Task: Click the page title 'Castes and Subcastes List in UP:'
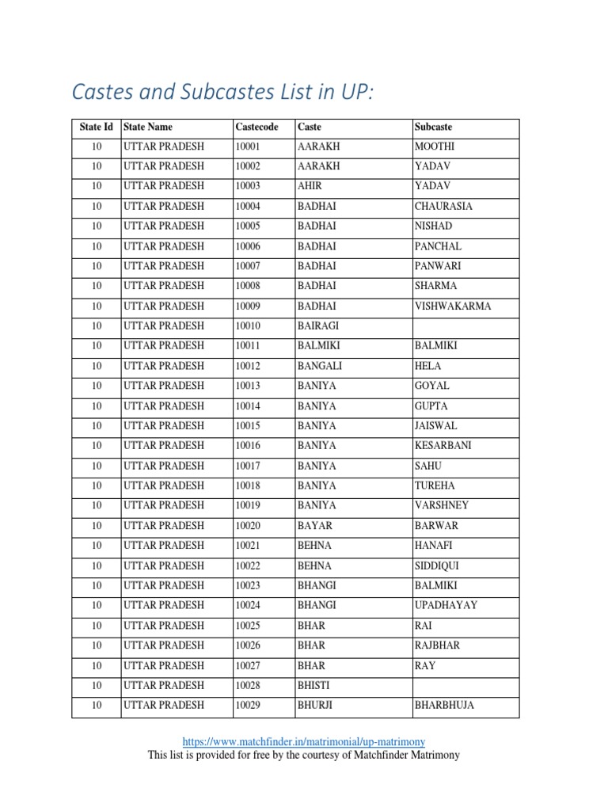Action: (222, 93)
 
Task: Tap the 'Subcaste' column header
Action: (433, 127)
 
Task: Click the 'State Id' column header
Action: (97, 127)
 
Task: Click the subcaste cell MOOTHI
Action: (435, 147)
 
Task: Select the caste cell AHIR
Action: (310, 186)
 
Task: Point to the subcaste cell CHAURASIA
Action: (443, 206)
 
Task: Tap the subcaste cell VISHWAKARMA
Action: (453, 306)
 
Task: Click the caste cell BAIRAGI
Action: (317, 326)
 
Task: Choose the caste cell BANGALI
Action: (318, 366)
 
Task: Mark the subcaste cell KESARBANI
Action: (443, 445)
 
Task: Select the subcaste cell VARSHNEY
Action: (441, 505)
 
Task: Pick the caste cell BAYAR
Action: (315, 525)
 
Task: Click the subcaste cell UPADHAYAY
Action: (446, 605)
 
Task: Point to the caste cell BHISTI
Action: (313, 685)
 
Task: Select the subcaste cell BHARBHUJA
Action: (444, 705)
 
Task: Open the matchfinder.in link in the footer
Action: (304, 742)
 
